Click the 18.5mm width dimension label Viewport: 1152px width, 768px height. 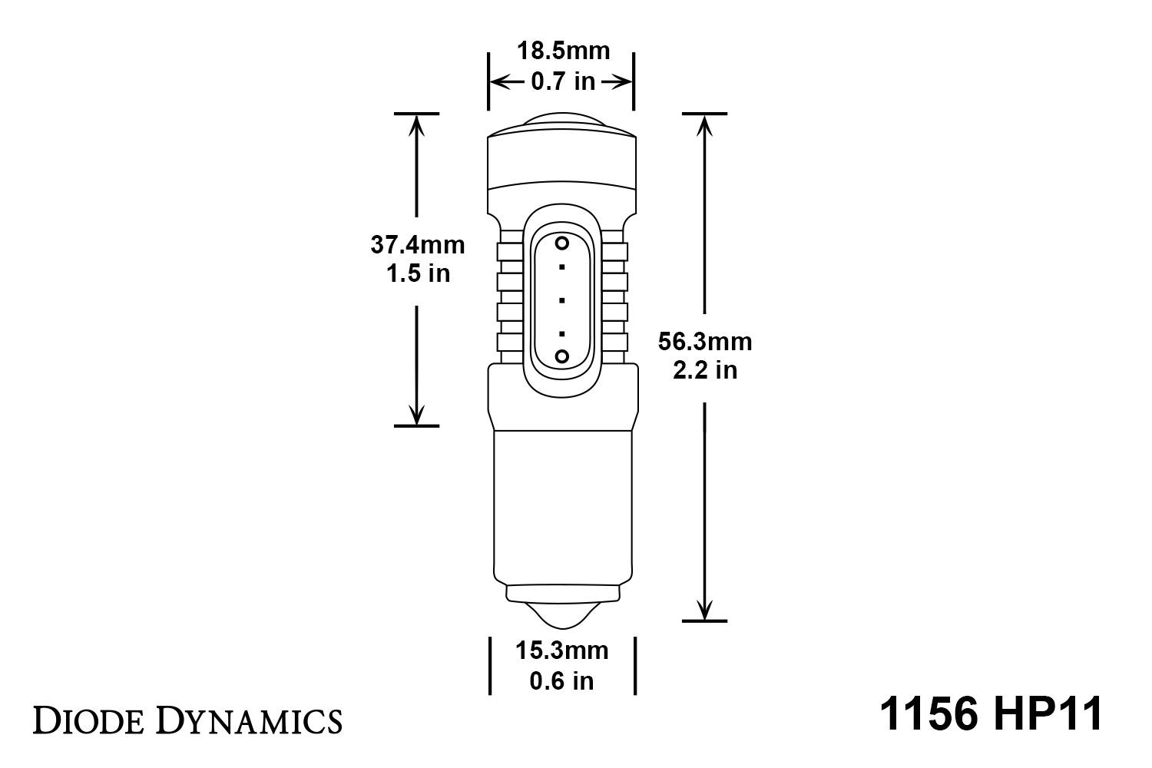point(563,51)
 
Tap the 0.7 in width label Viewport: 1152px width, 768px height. point(563,81)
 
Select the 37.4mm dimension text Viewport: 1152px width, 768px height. point(418,245)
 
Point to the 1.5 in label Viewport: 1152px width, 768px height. point(418,273)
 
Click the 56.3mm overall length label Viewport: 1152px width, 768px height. point(705,342)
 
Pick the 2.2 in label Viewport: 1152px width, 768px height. point(705,370)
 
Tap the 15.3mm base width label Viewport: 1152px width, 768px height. point(561,651)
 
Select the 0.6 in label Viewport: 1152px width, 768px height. point(561,680)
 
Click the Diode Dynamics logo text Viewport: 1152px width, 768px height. point(187,721)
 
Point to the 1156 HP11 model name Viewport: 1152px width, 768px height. point(991,714)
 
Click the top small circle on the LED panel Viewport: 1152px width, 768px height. point(562,244)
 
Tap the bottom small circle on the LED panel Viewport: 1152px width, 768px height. point(562,356)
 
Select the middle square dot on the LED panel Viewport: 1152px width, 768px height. point(562,300)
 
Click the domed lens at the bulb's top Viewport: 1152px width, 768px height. point(561,121)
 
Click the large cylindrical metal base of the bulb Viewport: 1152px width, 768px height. point(561,507)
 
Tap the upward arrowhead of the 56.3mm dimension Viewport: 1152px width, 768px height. point(705,124)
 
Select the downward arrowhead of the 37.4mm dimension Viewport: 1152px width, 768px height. point(416,415)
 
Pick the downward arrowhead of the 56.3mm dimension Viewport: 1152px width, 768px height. point(705,610)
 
